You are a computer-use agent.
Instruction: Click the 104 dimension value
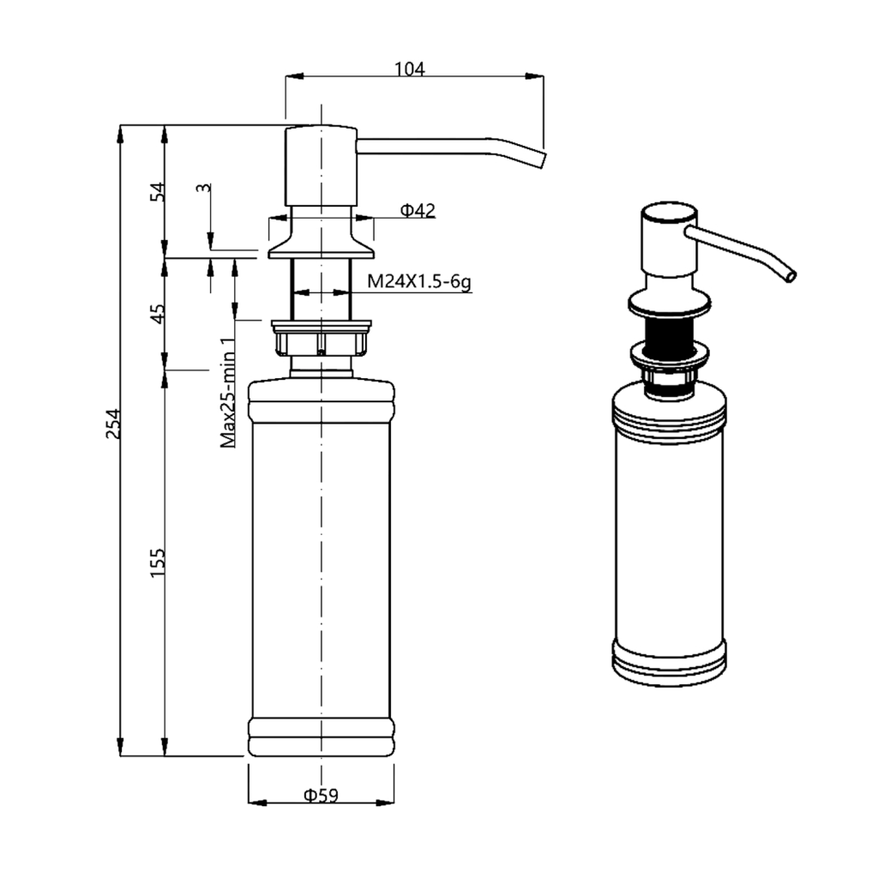click(x=410, y=69)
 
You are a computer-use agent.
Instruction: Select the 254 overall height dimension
click(x=114, y=424)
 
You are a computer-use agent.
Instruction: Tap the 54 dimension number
click(x=159, y=192)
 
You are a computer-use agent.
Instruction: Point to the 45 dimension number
click(x=159, y=314)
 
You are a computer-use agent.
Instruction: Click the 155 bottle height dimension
click(x=158, y=563)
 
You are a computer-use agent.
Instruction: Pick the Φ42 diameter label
click(x=418, y=211)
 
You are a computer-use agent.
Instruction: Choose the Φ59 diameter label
click(x=321, y=795)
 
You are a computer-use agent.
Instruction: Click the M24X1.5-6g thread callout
click(x=418, y=281)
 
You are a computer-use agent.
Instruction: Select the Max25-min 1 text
click(x=228, y=393)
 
